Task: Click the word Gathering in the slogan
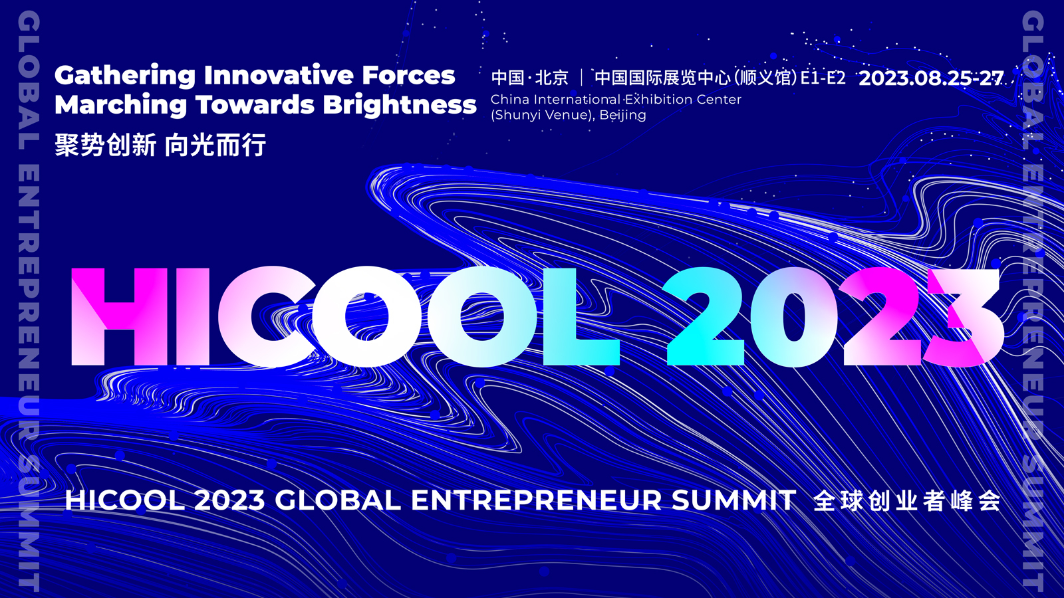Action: tap(125, 76)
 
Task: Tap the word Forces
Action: tap(408, 76)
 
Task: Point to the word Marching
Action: tap(121, 105)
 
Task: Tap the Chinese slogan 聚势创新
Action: tap(105, 145)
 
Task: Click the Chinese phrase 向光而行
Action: tap(215, 145)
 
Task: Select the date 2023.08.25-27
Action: tap(930, 78)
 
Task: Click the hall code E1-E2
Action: tap(823, 78)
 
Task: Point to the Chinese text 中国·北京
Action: tap(529, 78)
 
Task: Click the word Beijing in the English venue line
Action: tap(622, 115)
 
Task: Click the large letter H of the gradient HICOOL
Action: tap(120, 316)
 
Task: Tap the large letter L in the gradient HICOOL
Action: tap(580, 316)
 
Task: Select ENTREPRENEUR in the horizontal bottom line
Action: tap(537, 500)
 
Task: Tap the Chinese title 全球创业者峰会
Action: tap(906, 500)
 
